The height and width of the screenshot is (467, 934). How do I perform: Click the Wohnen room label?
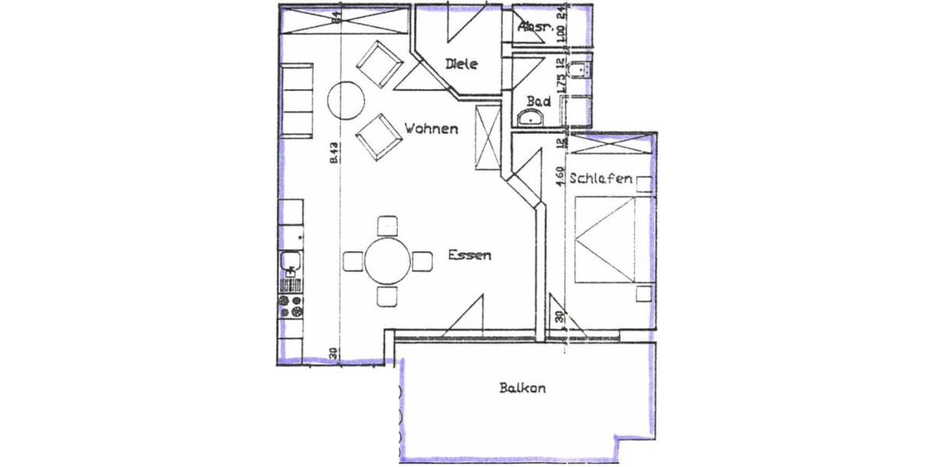(x=430, y=128)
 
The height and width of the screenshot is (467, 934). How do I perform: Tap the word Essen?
(x=469, y=255)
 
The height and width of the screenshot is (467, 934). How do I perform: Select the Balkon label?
(x=521, y=388)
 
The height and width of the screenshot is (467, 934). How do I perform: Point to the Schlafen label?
(x=600, y=178)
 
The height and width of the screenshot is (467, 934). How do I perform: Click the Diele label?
(x=461, y=65)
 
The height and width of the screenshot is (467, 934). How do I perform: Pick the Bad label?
(x=539, y=101)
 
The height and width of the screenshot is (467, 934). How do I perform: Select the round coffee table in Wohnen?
(x=345, y=99)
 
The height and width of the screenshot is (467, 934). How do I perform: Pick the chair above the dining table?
(x=388, y=226)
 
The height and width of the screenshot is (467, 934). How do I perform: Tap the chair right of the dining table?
(x=423, y=261)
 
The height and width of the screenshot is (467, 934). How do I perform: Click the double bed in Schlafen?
(x=612, y=237)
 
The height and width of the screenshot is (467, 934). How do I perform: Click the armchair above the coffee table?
(x=378, y=63)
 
